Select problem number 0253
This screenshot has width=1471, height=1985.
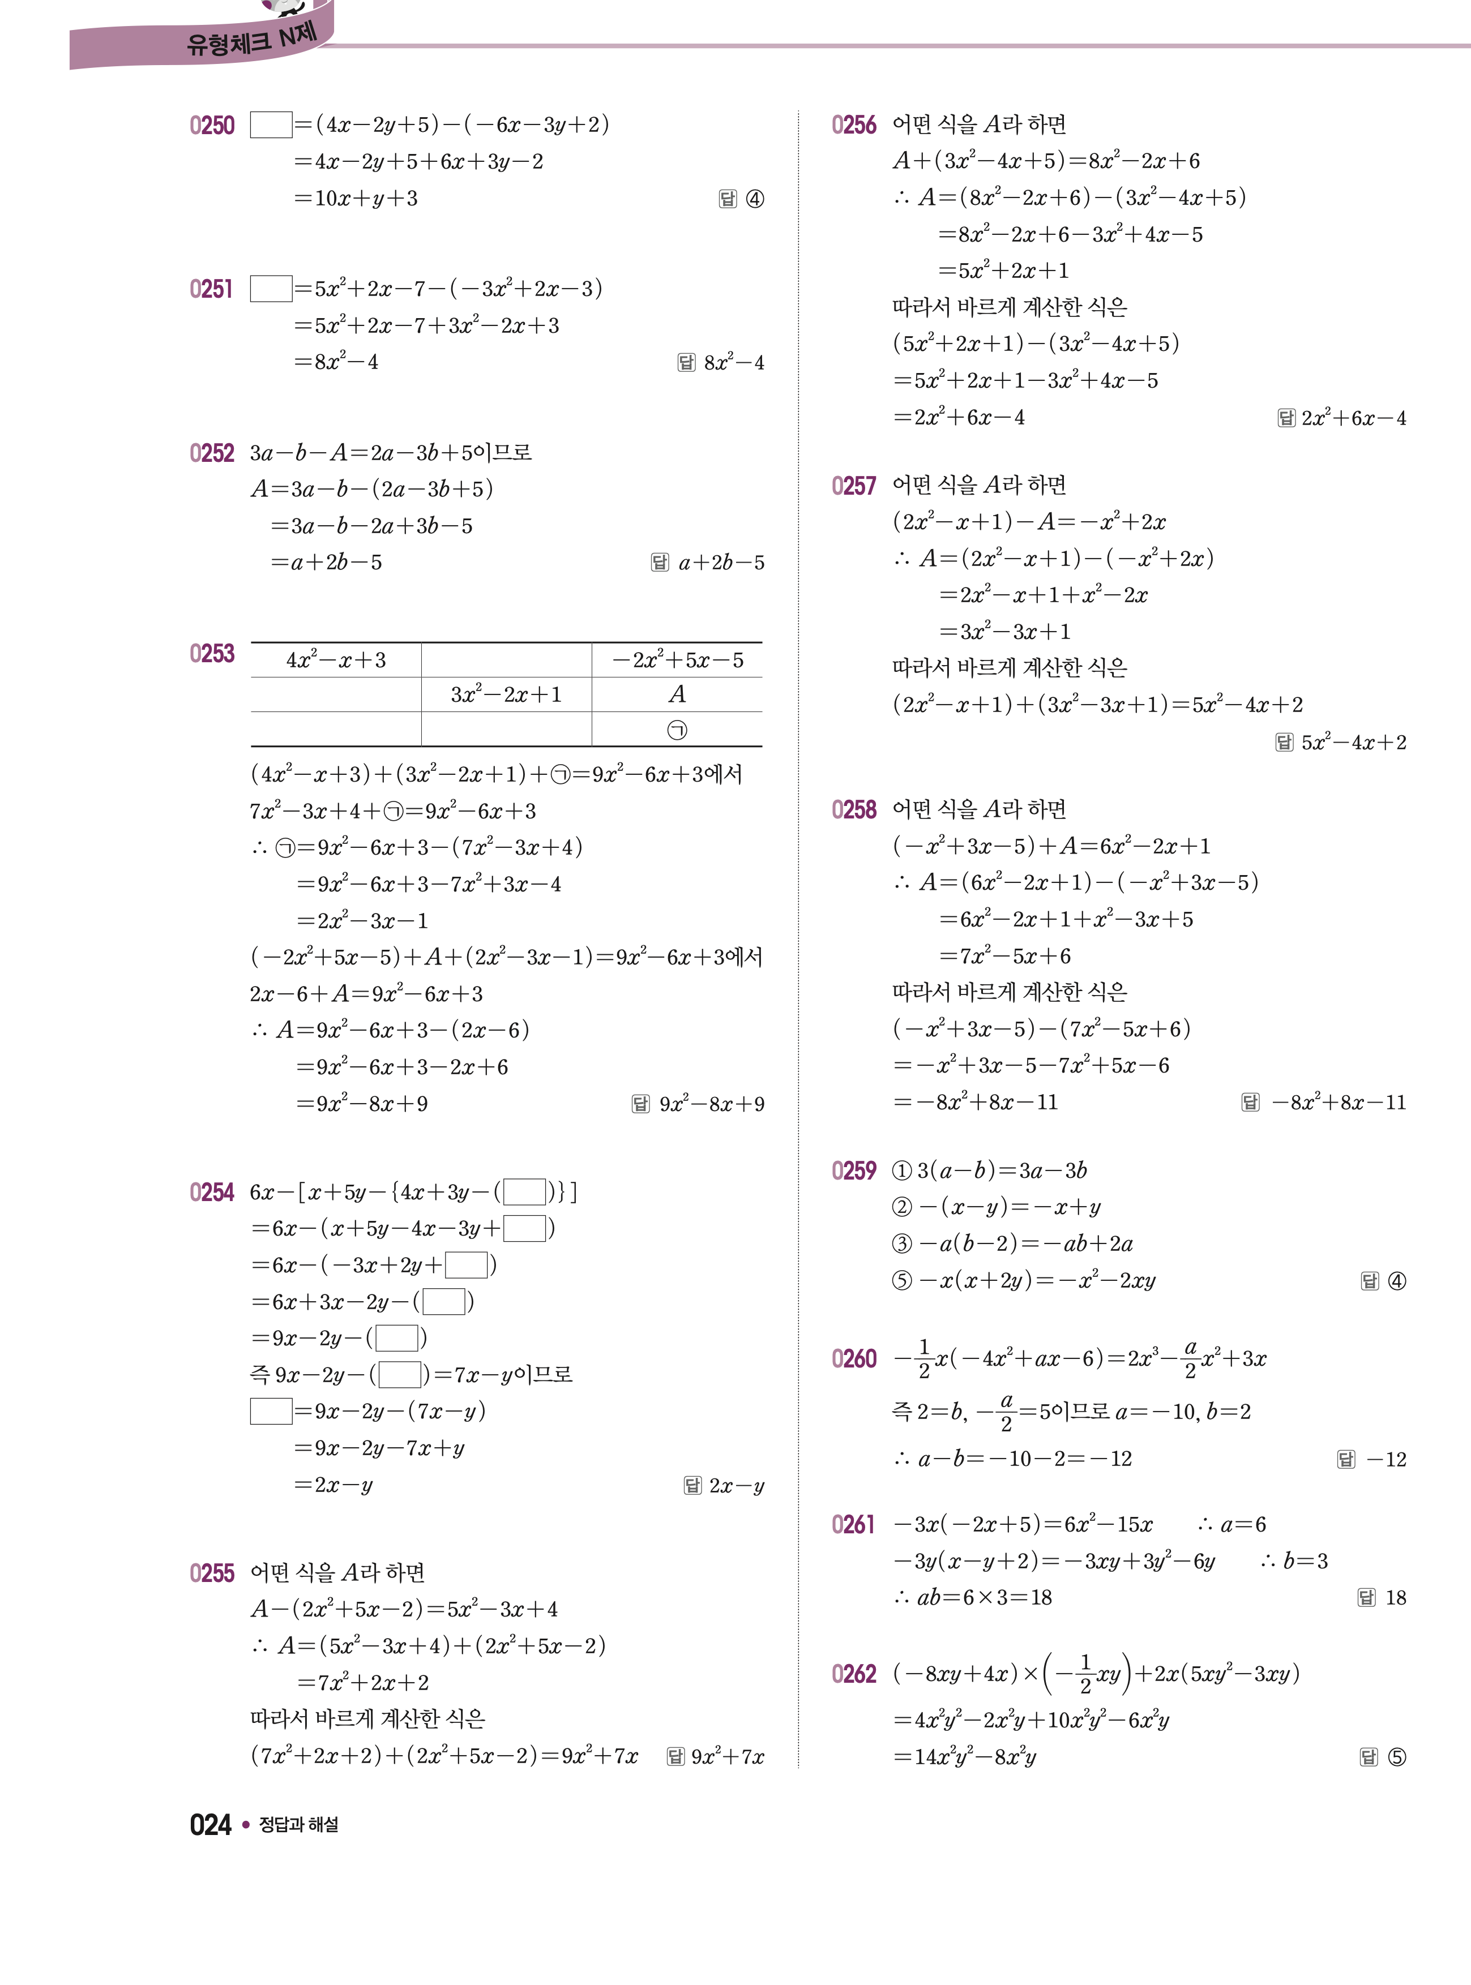click(x=212, y=654)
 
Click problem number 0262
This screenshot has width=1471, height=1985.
click(x=853, y=1674)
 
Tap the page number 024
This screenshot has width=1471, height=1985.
click(x=210, y=1825)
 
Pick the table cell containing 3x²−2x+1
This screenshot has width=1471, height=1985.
click(x=506, y=695)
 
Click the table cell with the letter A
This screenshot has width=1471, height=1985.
click(x=677, y=694)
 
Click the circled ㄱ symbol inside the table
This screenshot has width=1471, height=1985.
click(x=677, y=730)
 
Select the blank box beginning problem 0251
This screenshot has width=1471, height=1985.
click(x=271, y=289)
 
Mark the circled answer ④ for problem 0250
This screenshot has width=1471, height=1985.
click(x=754, y=199)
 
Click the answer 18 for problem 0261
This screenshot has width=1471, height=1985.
click(x=1395, y=1598)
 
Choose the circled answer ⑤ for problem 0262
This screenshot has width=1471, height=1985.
click(x=1396, y=1757)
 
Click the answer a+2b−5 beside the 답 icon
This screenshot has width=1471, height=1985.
click(x=721, y=563)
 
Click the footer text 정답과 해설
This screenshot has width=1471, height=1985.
click(x=298, y=1825)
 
